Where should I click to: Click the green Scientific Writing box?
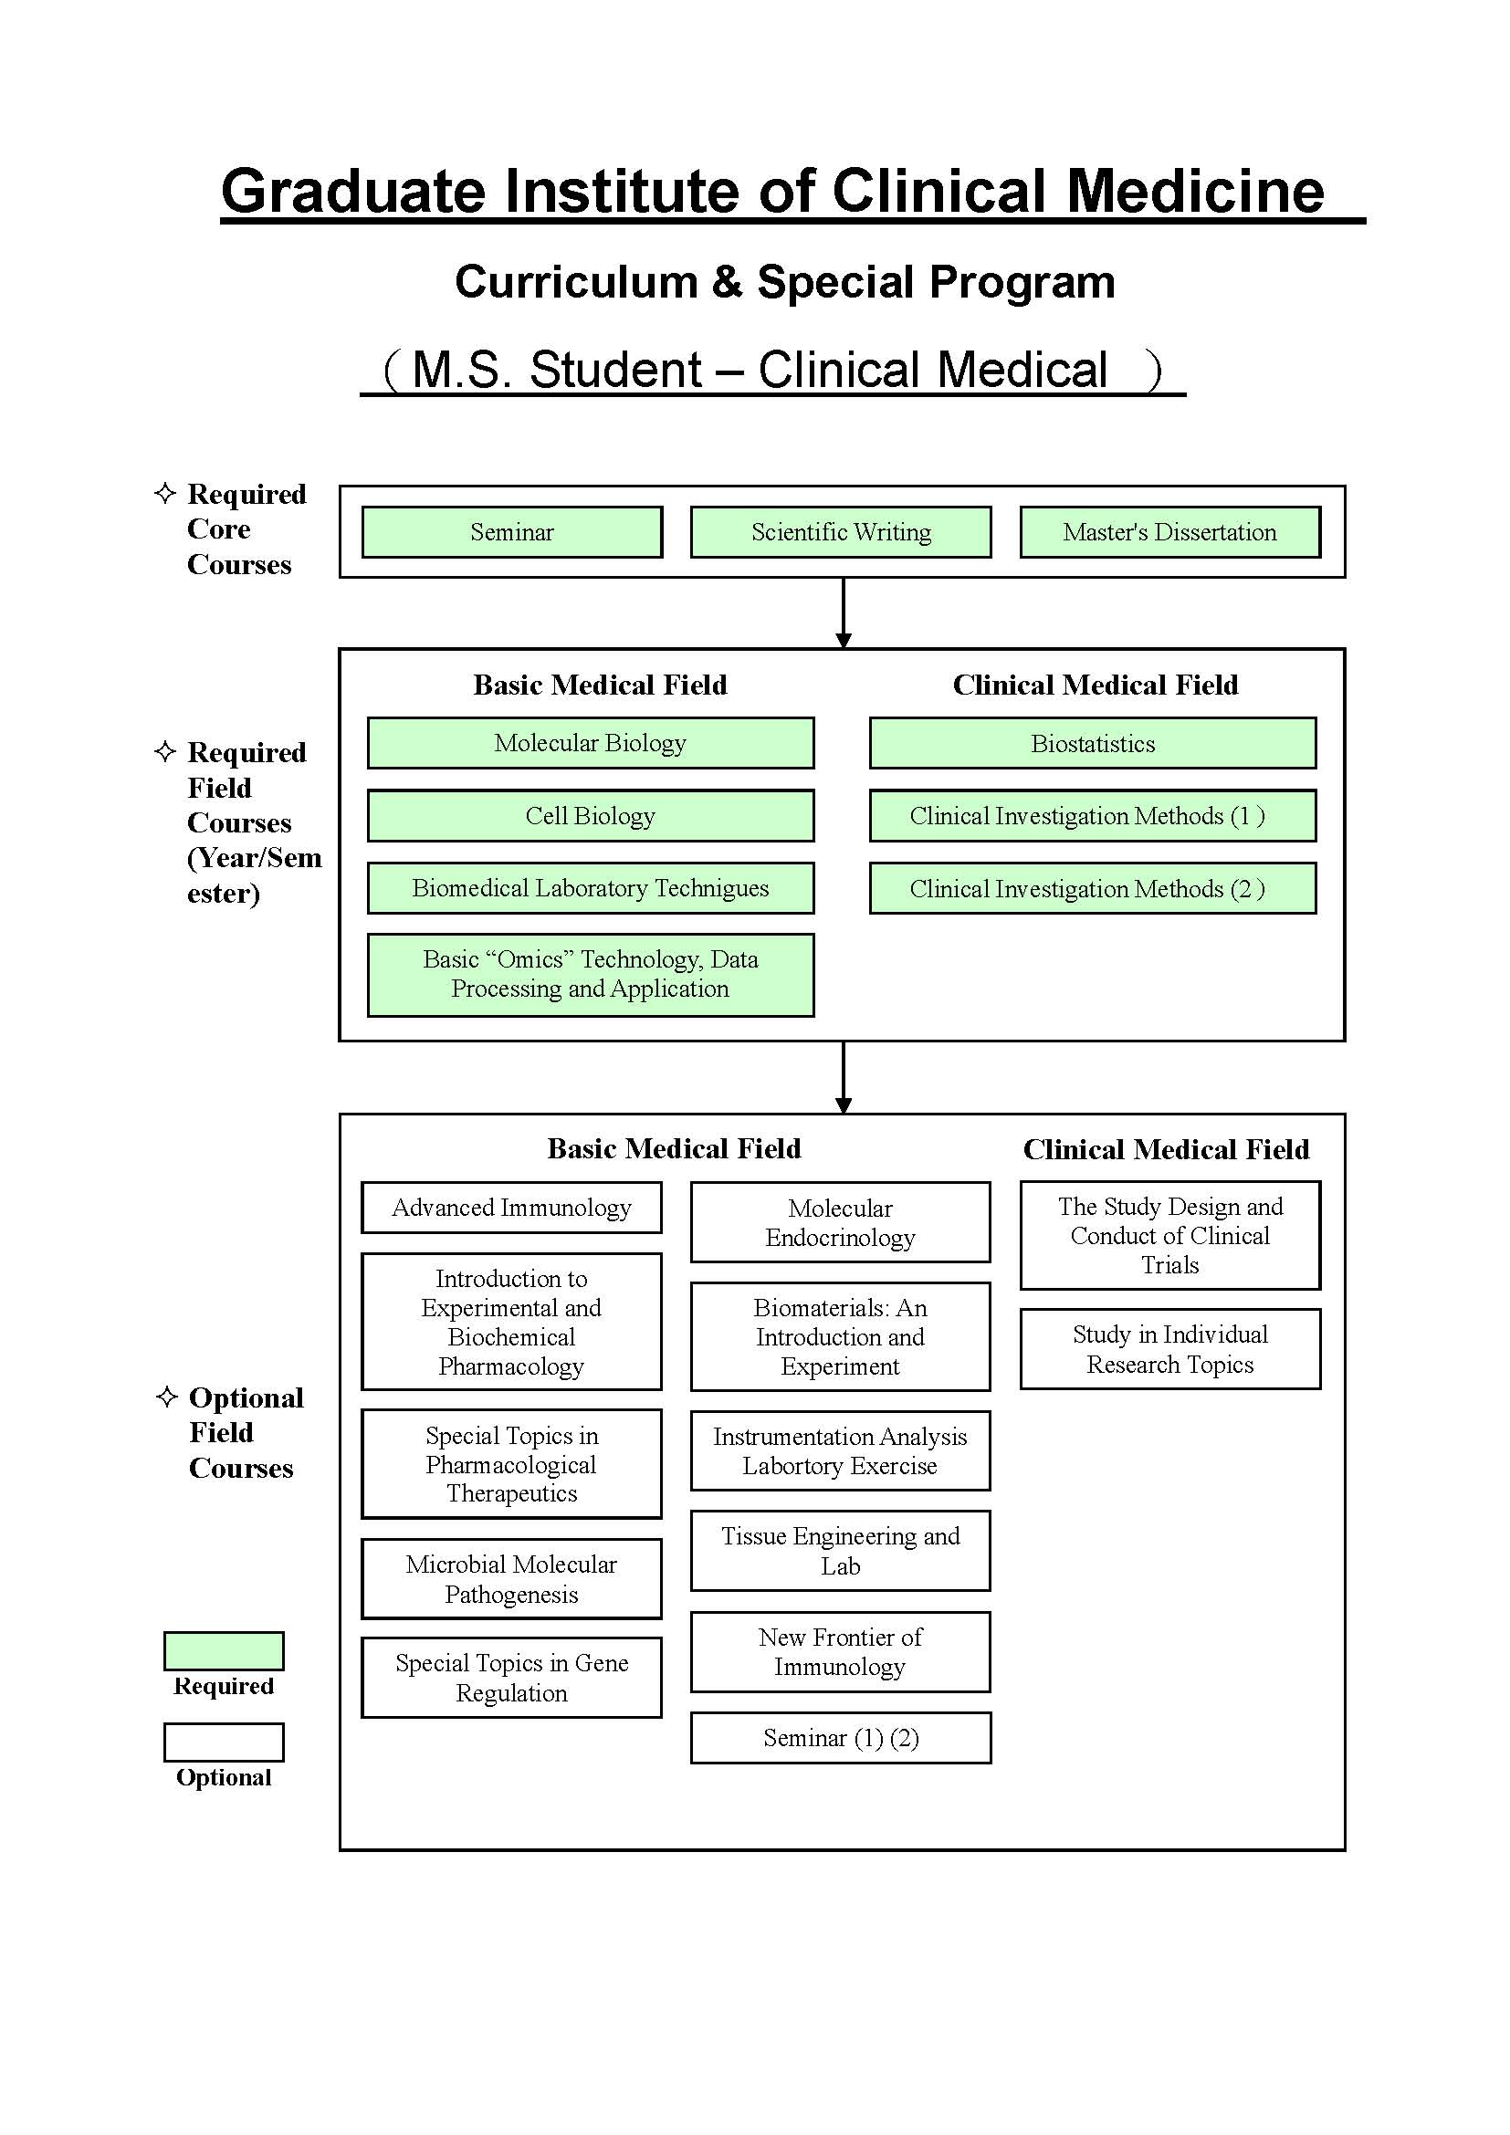841,532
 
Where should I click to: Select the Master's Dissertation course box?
1169,532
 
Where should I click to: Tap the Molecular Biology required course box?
591,743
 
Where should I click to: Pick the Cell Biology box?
591,815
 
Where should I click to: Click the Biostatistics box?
1093,743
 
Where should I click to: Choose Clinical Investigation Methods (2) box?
1093,888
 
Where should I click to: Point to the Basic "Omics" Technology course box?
591,975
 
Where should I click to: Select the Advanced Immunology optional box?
511,1207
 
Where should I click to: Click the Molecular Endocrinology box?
841,1222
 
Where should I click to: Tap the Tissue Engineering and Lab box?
841,1551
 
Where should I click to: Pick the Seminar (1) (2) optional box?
841,1737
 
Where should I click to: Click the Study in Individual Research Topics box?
1169,1349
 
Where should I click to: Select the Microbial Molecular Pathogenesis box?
511,1579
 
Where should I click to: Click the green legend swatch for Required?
224,1650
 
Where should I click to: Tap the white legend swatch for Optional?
224,1742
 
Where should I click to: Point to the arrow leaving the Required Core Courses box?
844,612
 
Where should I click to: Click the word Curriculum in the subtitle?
576,282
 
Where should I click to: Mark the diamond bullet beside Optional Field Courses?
166,1397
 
